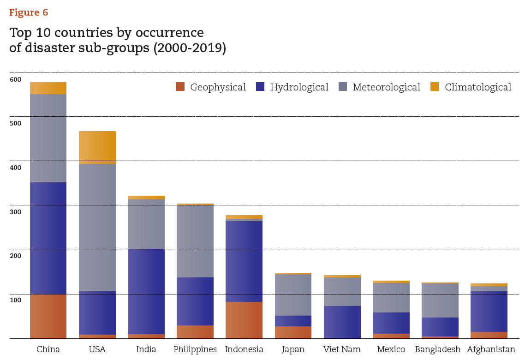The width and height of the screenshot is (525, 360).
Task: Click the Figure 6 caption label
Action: coord(29,12)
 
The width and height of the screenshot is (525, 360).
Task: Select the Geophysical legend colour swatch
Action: coord(180,87)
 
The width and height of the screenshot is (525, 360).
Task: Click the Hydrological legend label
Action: coord(299,87)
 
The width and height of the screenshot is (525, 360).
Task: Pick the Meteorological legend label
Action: coord(386,87)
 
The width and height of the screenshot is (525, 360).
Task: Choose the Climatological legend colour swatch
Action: coord(435,87)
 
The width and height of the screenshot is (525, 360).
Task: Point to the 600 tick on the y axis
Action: coord(16,79)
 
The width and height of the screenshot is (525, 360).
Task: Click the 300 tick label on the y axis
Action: coord(16,212)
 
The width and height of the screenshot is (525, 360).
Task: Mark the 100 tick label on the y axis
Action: coord(16,300)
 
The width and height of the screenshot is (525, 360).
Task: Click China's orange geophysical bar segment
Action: coord(48,316)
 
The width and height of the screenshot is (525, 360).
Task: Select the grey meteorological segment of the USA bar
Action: coord(97,228)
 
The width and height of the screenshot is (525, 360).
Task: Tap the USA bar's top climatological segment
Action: coord(97,147)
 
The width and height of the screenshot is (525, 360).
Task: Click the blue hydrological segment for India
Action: coord(146,291)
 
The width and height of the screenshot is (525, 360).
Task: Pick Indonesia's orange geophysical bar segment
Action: coord(244,320)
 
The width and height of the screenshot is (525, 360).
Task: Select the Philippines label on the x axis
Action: coord(195,349)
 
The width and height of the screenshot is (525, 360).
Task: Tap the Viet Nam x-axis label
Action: coord(341,349)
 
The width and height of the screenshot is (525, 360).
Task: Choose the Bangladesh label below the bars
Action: coord(437,349)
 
